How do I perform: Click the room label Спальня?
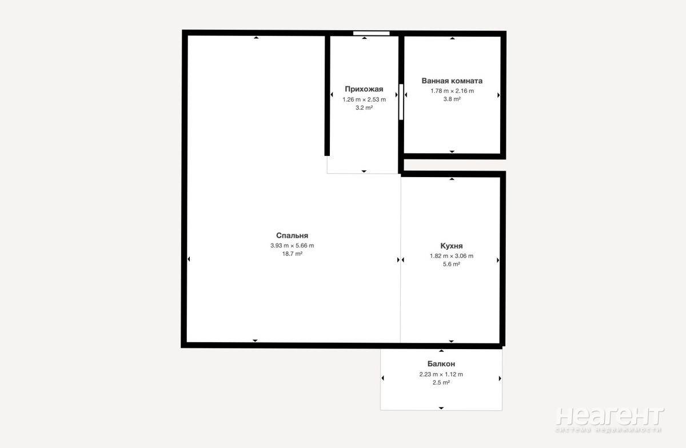pos(292,235)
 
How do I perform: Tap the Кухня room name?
pos(452,246)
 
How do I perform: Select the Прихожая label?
pos(364,89)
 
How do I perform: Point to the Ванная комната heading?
pos(452,81)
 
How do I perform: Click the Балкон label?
pos(441,364)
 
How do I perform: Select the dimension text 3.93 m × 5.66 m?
pos(292,246)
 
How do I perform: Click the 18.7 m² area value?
pos(292,254)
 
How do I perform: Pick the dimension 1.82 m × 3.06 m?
pos(452,256)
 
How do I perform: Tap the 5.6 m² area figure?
pos(452,264)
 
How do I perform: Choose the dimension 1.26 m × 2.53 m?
pos(364,99)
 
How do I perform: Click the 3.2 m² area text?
pos(364,108)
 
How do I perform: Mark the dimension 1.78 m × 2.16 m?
pos(452,91)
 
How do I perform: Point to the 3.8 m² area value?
pos(452,99)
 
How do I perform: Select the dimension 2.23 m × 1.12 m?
pos(441,374)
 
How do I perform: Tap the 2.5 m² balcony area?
pos(441,382)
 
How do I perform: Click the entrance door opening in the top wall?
pos(371,33)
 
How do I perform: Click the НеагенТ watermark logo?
pos(610,420)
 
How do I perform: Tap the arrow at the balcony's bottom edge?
pos(441,408)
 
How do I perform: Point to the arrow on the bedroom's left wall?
pos(189,259)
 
